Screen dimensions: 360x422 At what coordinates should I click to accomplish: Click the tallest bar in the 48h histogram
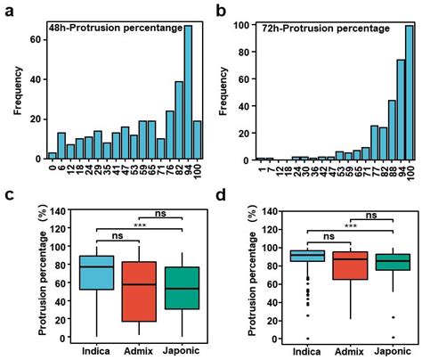click(188, 93)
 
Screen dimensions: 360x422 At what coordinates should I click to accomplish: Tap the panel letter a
click(7, 9)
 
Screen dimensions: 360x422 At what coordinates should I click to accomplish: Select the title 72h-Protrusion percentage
click(312, 28)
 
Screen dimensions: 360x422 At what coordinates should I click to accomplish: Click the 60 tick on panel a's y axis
click(34, 39)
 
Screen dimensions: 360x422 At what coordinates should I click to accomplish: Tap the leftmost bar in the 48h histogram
click(53, 155)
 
